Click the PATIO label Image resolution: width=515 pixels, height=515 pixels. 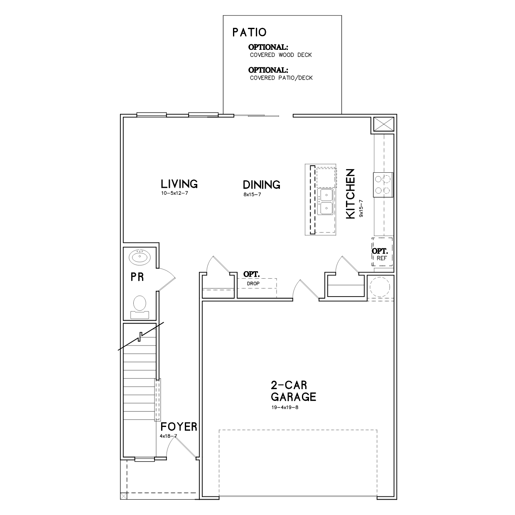(249, 32)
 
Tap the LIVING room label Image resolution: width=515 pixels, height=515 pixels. (179, 184)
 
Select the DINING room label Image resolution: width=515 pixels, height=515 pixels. (261, 185)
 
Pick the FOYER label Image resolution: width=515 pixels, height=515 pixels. (179, 427)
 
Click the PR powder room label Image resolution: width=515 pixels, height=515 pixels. (137, 277)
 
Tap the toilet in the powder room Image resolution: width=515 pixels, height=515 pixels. (140, 307)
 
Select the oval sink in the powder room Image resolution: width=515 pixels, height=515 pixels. (140, 257)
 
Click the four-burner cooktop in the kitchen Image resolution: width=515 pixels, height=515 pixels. (383, 185)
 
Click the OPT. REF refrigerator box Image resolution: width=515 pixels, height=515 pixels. (382, 252)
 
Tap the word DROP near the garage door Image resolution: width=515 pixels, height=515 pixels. (253, 284)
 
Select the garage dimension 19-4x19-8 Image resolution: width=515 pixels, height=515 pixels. (284, 407)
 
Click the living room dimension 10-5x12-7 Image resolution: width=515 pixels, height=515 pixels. (174, 193)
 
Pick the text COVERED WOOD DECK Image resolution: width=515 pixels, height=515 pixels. (281, 55)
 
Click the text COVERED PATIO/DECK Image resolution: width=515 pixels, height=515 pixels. (281, 78)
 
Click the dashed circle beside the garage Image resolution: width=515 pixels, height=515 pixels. (380, 287)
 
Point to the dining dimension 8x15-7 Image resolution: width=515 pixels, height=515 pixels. (252, 194)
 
